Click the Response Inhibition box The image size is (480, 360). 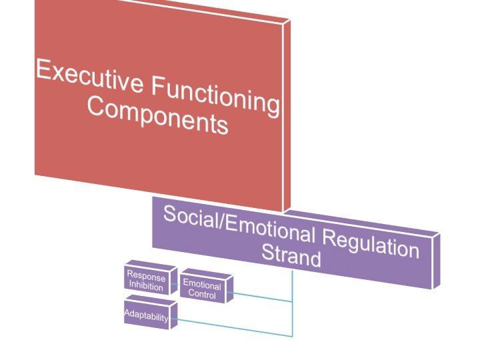[x=145, y=281]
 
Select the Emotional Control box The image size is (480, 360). [x=201, y=289]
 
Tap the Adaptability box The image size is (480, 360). [x=146, y=317]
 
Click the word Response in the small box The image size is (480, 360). [x=146, y=277]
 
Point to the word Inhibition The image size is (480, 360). [x=146, y=287]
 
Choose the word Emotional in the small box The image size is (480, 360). [x=201, y=285]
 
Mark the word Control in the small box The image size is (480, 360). [x=201, y=294]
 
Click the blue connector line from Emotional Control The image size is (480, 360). [x=263, y=297]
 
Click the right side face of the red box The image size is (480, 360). [x=287, y=113]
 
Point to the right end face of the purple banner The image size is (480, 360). [x=436, y=260]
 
